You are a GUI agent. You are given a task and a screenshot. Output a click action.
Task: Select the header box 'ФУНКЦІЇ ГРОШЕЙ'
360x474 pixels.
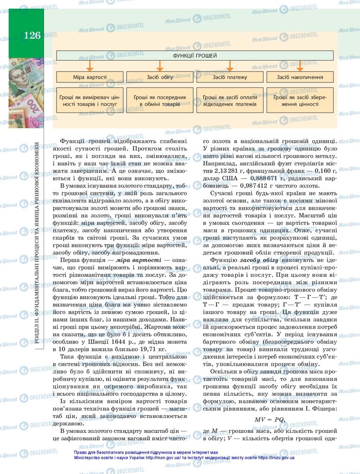[x=195, y=56]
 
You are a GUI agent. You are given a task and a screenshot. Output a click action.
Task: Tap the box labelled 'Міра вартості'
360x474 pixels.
[x=90, y=77]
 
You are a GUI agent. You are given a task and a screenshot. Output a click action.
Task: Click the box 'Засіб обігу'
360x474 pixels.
[x=160, y=77]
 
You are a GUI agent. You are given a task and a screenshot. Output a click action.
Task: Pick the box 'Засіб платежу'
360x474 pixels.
[x=230, y=77]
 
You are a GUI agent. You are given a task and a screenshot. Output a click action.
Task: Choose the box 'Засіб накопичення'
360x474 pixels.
[x=300, y=77]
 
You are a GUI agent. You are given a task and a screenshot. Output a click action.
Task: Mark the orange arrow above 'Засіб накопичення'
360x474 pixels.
[x=300, y=66]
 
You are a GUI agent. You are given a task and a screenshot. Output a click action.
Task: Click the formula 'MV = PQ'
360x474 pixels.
[x=269, y=419]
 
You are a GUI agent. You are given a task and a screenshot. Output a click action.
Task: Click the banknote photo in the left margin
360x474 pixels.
[x=26, y=93]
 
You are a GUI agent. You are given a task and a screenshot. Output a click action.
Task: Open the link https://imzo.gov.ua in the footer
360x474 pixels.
[x=276, y=457]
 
